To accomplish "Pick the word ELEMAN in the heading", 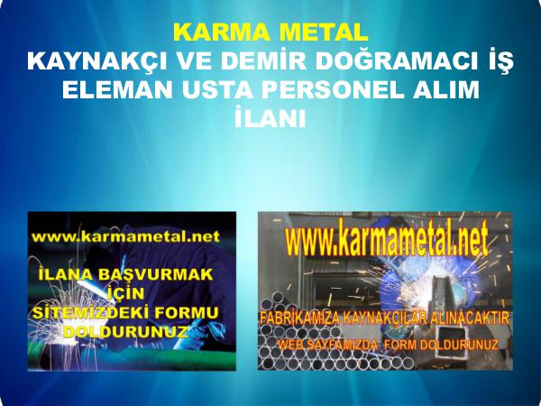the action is [117, 89].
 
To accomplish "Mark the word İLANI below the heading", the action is [270, 117].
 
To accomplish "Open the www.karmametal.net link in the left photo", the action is [126, 236].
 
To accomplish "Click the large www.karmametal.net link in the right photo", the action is [387, 238].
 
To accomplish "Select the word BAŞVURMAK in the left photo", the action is [156, 274].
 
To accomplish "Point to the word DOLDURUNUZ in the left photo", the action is [126, 332].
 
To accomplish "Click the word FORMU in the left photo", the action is [187, 312].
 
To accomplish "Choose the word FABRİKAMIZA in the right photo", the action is [300, 318].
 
